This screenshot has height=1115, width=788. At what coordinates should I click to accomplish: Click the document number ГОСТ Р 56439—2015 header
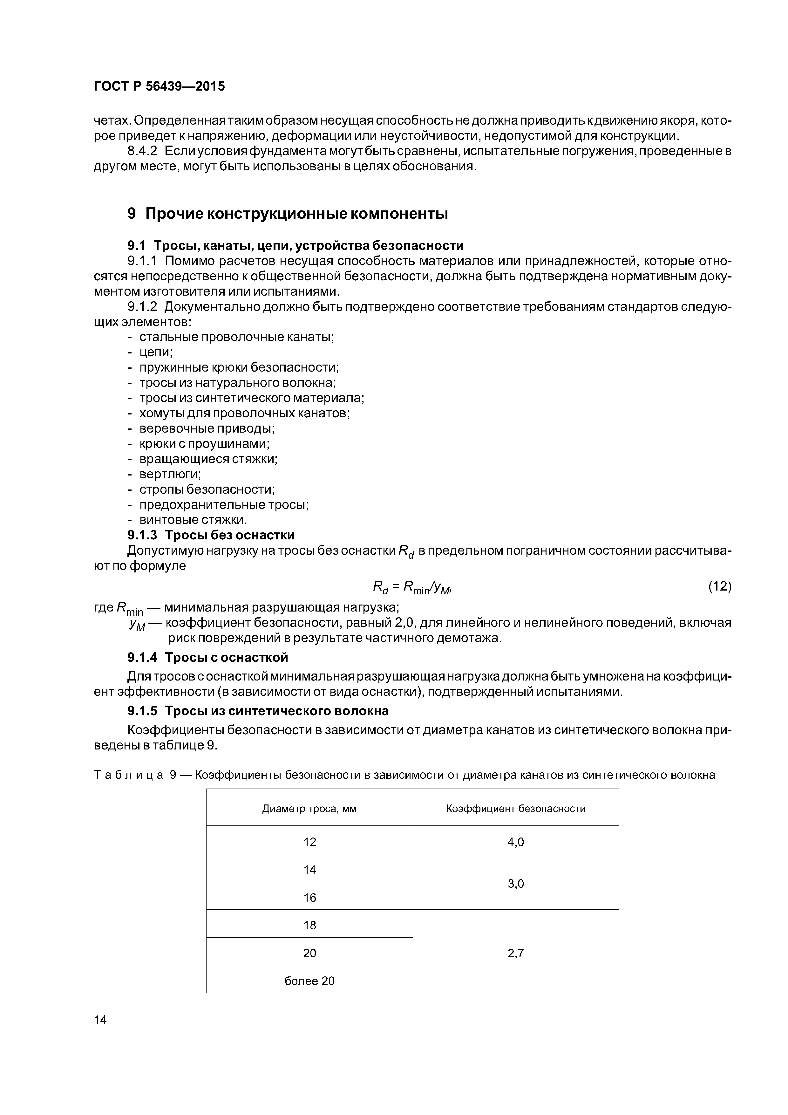pos(159,86)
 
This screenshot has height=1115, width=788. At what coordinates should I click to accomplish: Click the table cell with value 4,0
pos(516,842)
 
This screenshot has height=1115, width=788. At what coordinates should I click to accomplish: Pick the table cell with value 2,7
pos(516,953)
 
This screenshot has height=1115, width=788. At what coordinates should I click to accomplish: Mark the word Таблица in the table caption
pos(128,775)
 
